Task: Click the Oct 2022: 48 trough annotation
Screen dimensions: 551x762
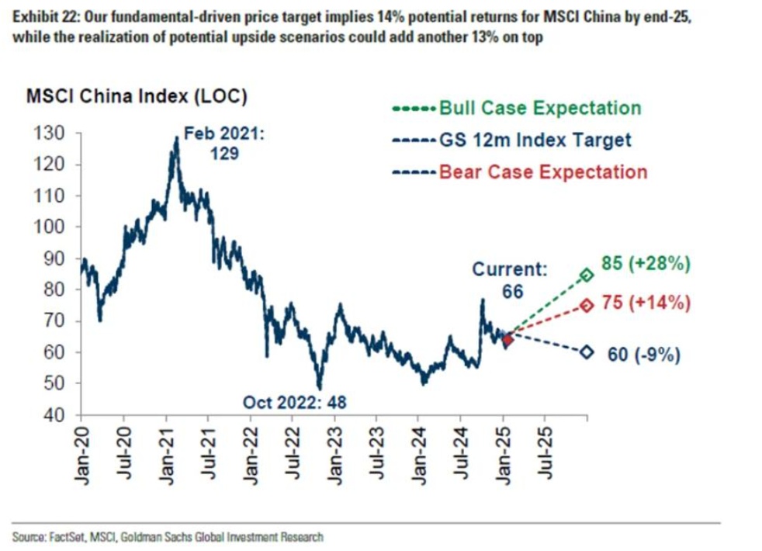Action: click(295, 402)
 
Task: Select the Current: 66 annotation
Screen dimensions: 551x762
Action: click(510, 281)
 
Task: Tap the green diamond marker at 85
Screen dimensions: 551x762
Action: click(587, 275)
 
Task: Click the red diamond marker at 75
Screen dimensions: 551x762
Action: click(587, 306)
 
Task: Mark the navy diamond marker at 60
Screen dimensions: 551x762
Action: click(587, 352)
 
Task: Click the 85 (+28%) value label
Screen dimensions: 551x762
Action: click(646, 264)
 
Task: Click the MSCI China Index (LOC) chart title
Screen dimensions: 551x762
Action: click(137, 98)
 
